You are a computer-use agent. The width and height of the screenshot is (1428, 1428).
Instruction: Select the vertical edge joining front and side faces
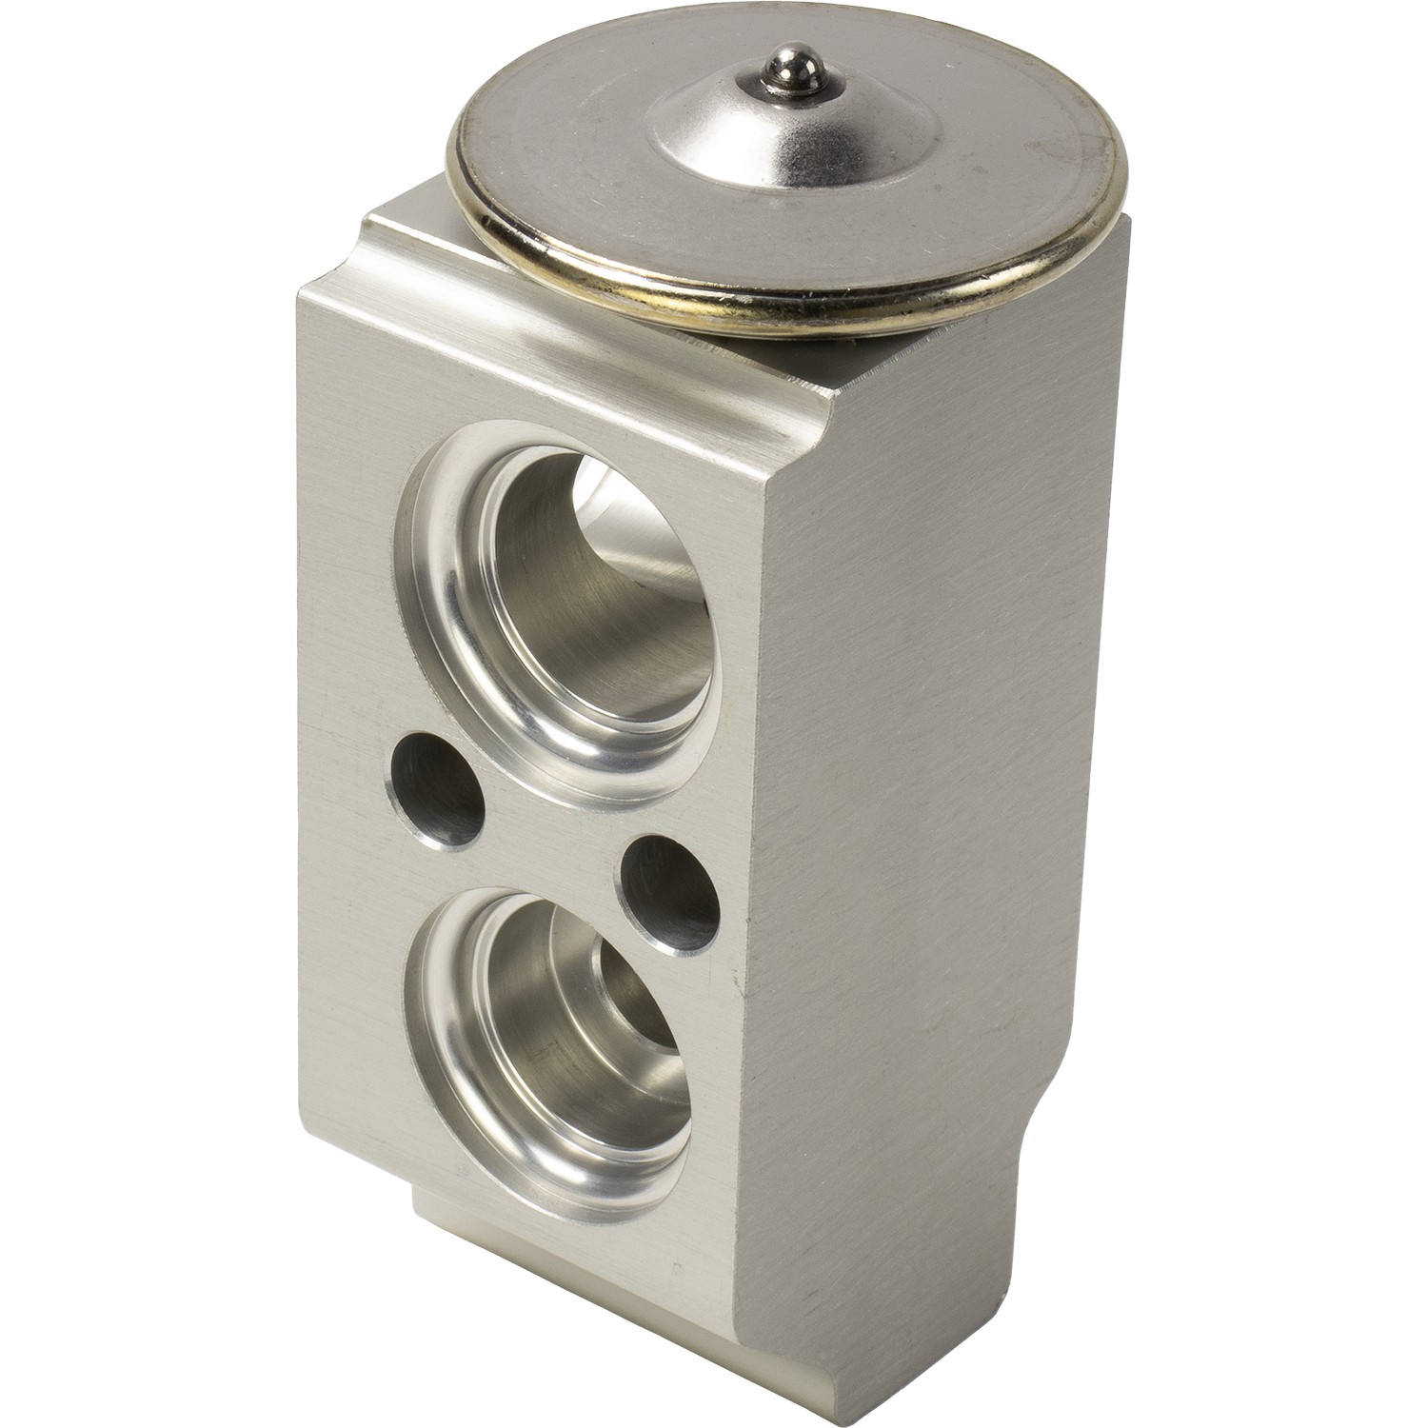[x=762, y=952]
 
